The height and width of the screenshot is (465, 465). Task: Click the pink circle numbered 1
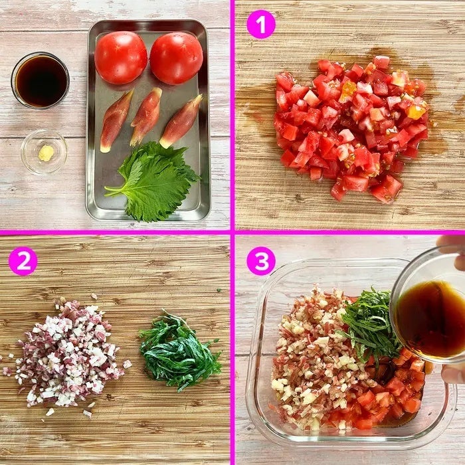coord(261,25)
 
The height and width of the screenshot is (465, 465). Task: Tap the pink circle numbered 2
coord(23,261)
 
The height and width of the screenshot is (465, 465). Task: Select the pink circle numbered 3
coord(261,261)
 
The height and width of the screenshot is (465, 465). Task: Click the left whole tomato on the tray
coord(121,58)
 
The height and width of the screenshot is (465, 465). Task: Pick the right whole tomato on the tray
coord(177,58)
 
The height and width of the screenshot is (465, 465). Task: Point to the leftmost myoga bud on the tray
coord(116,121)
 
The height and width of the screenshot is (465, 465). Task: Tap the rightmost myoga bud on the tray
coord(181,122)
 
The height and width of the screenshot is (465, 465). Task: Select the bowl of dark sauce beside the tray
coord(41,80)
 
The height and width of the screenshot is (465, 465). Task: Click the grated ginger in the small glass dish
coord(46,153)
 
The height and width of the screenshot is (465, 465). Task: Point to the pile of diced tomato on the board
coord(351,129)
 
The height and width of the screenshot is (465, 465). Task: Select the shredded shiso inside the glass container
coord(369,326)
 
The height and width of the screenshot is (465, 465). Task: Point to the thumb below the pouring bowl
coord(453,374)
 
